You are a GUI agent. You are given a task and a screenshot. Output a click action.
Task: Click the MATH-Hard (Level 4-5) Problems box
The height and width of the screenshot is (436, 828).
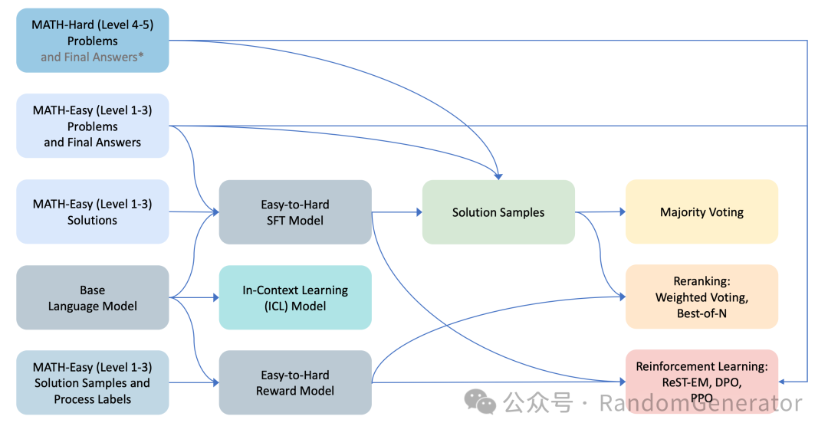[x=92, y=41]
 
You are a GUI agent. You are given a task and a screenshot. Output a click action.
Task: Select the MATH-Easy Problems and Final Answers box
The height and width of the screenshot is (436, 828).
[x=92, y=126]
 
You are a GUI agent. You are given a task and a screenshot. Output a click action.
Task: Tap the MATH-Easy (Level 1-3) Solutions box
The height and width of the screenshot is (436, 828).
[x=92, y=211]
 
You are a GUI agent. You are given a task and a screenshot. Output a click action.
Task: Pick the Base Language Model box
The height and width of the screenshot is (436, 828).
[x=92, y=297]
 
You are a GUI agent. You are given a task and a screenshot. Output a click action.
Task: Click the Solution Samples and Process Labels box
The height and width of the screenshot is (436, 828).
[x=92, y=382]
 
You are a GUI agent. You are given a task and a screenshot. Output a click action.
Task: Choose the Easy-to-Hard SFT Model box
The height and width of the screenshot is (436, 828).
[x=295, y=212]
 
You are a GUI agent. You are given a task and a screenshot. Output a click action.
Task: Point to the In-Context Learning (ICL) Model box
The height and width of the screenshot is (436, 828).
[x=295, y=297]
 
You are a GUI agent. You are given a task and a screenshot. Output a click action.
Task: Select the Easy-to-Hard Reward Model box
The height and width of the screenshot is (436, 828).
[x=295, y=382]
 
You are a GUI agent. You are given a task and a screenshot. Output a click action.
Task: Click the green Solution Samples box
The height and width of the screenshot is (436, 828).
[x=498, y=212]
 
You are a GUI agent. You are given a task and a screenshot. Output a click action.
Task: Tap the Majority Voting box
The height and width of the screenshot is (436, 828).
[x=701, y=212]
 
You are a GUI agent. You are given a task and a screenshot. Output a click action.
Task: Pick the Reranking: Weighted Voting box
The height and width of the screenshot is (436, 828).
[x=701, y=297]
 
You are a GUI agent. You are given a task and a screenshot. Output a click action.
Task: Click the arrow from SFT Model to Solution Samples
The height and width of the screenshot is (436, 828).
[x=397, y=212]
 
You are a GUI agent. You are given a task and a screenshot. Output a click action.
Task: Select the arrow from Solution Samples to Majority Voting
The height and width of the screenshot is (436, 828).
[x=600, y=212]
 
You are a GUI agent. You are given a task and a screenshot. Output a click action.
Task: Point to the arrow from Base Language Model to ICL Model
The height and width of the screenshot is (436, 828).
[x=194, y=297]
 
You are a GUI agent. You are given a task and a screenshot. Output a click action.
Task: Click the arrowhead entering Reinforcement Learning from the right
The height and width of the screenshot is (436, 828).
[x=783, y=381]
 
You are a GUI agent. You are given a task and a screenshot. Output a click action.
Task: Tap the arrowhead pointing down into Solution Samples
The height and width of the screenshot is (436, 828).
[x=498, y=176]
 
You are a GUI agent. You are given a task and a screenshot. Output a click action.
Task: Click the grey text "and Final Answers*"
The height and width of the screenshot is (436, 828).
[x=92, y=57]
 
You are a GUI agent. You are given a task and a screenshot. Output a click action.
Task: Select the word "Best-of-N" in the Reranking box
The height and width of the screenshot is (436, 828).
[x=701, y=313]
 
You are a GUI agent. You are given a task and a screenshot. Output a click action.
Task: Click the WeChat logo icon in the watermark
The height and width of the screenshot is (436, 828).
[x=481, y=402]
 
